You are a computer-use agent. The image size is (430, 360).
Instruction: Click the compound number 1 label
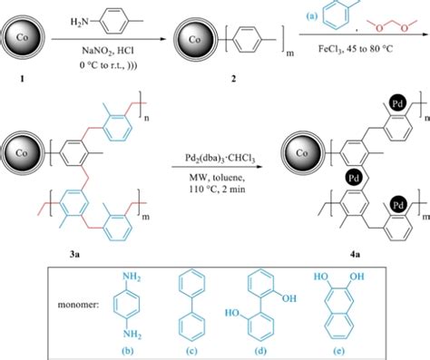pos(20,80)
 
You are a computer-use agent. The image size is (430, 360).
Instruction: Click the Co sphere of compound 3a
pos(22,150)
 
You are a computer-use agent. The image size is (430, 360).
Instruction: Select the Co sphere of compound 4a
pos(302,150)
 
